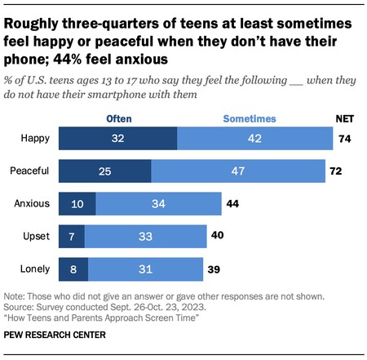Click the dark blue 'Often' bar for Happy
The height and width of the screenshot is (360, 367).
pos(117,139)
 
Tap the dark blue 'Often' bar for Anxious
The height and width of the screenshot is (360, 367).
pos(77,203)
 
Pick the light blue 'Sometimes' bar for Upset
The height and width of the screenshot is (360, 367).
pos(146,236)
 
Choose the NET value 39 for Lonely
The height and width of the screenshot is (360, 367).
pos(215,268)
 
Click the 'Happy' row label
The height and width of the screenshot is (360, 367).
pos(36,139)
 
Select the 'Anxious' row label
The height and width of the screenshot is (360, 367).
pos(33,203)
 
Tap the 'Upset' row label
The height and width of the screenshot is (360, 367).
pos(37,236)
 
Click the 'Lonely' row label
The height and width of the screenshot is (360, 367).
pos(35,268)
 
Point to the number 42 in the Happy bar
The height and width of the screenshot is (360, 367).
pos(255,139)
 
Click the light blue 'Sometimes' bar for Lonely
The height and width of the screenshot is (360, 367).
pos(145,268)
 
